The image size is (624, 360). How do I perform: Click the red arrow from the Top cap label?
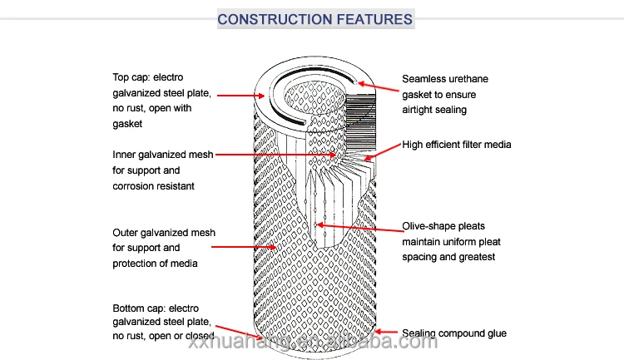click(241, 96)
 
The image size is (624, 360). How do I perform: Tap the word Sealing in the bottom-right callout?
click(421, 333)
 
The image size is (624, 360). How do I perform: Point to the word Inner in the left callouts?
click(125, 155)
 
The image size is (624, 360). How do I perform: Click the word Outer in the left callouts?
click(126, 232)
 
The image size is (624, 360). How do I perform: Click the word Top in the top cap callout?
click(122, 77)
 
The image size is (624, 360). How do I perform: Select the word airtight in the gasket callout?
click(420, 110)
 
